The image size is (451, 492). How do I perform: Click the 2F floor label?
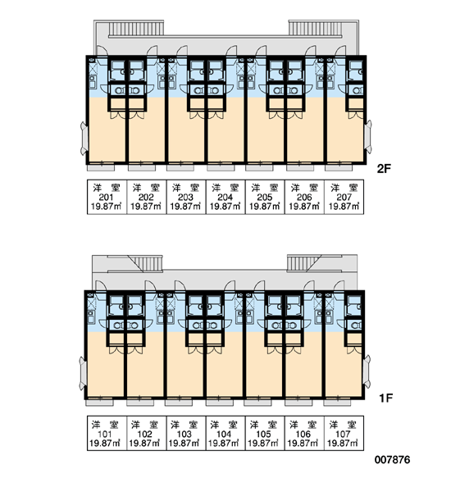tap(384, 169)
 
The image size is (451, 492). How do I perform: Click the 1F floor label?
tap(386, 399)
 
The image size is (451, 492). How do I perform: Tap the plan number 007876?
tap(392, 460)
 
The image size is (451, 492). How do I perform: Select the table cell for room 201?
tap(107, 197)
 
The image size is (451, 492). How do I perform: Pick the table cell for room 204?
tap(225, 197)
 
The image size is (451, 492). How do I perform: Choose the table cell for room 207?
tap(344, 197)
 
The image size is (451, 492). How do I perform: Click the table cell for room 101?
tap(107, 433)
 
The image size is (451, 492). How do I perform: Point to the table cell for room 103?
tap(186, 433)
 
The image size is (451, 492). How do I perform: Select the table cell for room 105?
tap(265, 433)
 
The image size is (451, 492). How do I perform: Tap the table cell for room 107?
tap(344, 433)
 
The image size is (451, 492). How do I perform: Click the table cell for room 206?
tap(304, 197)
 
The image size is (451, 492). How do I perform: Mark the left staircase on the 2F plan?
tap(136, 28)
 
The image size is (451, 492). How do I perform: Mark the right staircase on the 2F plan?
tap(315, 28)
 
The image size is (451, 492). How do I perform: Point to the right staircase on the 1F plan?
tap(303, 263)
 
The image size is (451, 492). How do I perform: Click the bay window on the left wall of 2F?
tap(84, 138)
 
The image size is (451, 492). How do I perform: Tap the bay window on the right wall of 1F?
tap(367, 372)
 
